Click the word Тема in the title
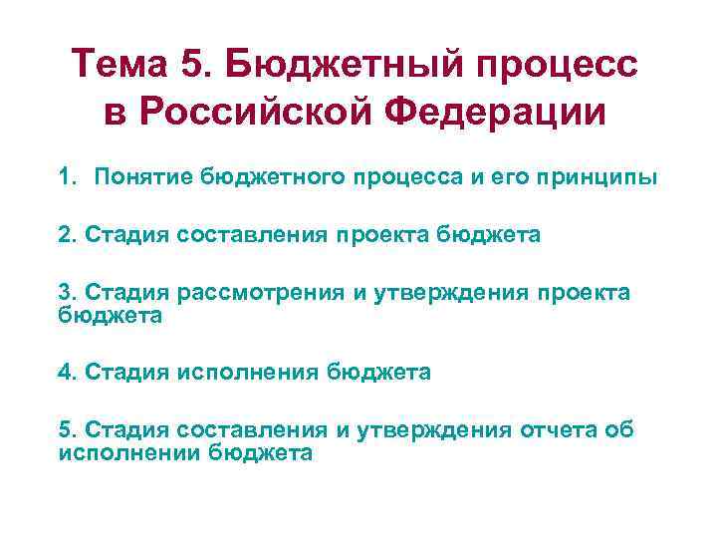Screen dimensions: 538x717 120,66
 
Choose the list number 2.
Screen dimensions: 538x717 66,235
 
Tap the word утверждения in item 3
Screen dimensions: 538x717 433,291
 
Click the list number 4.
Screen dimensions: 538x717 66,373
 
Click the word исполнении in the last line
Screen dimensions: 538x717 129,451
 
